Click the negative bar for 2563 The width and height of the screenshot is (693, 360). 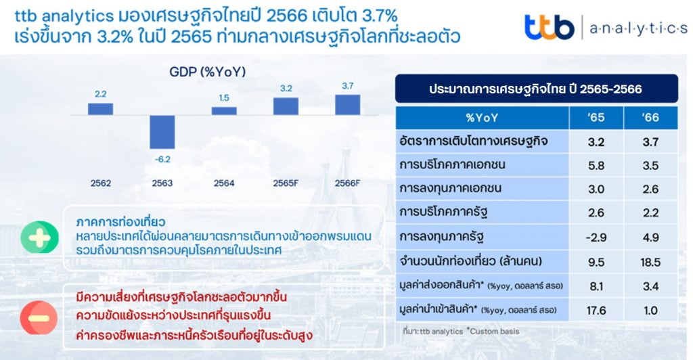(x=162, y=132)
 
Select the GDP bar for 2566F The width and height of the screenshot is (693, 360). (x=347, y=105)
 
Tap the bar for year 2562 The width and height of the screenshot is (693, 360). (x=100, y=109)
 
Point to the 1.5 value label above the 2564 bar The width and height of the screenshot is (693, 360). (x=224, y=97)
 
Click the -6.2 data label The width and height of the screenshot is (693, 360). (x=162, y=160)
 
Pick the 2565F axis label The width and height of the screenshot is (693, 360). (x=286, y=183)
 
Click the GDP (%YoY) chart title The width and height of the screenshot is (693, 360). (x=207, y=72)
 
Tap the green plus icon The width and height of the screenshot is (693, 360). (x=39, y=238)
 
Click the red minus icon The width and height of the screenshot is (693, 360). (x=39, y=318)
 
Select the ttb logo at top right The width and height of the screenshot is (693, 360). (x=549, y=27)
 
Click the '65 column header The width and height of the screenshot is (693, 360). (x=596, y=118)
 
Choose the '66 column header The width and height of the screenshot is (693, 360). (x=650, y=118)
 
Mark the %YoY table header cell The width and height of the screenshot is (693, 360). (x=482, y=118)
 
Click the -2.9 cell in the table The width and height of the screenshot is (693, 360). (x=596, y=238)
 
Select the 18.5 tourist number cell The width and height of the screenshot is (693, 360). (x=650, y=262)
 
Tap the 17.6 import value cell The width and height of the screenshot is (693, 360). (x=596, y=311)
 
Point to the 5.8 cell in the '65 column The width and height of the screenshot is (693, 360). (x=596, y=165)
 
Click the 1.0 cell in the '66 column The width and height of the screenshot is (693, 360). (x=650, y=311)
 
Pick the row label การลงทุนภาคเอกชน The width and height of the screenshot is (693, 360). (x=450, y=189)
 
